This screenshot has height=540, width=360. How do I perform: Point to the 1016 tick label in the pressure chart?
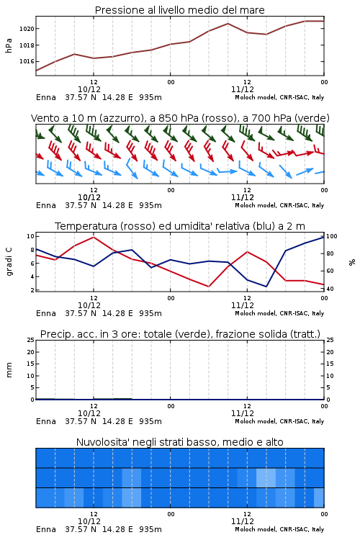click(x=27, y=61)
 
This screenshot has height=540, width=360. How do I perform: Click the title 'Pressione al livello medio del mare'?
click(x=180, y=10)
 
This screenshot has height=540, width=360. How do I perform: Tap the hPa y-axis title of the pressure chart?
click(x=9, y=45)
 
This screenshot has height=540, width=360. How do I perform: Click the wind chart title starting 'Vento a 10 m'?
click(x=180, y=118)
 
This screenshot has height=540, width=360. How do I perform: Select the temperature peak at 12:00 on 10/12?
click(x=94, y=237)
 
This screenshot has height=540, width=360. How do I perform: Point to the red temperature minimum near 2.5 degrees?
click(x=208, y=287)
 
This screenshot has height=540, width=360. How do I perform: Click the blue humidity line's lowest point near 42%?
click(x=266, y=287)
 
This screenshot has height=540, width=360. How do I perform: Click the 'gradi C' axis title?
click(x=9, y=262)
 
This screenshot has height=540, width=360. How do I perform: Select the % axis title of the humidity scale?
click(x=352, y=262)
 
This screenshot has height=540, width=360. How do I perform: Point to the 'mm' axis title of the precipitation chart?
click(x=9, y=370)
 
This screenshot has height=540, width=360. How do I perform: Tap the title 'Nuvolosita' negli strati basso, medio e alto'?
click(x=180, y=442)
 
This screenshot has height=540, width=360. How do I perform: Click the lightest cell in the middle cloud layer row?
click(x=266, y=477)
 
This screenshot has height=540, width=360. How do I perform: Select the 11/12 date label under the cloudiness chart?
click(x=243, y=521)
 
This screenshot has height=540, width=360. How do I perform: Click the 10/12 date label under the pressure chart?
click(x=89, y=89)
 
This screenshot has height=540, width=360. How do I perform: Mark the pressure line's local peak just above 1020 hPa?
click(x=228, y=24)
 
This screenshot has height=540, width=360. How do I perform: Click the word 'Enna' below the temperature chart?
click(x=46, y=313)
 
